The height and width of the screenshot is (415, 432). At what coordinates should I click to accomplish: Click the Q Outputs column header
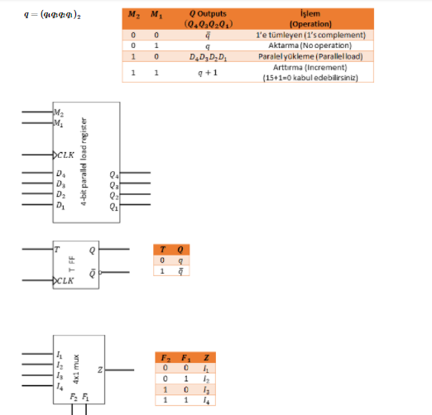(208, 19)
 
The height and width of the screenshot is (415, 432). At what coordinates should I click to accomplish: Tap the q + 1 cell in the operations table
(208, 73)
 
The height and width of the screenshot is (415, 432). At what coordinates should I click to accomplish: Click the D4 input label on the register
(60, 174)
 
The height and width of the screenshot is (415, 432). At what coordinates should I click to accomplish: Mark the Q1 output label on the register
(114, 207)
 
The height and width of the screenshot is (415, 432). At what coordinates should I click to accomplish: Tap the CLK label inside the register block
(65, 154)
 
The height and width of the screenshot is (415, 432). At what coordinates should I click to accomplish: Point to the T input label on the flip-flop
(56, 249)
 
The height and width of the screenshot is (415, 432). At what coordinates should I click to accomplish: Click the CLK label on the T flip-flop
(64, 280)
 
